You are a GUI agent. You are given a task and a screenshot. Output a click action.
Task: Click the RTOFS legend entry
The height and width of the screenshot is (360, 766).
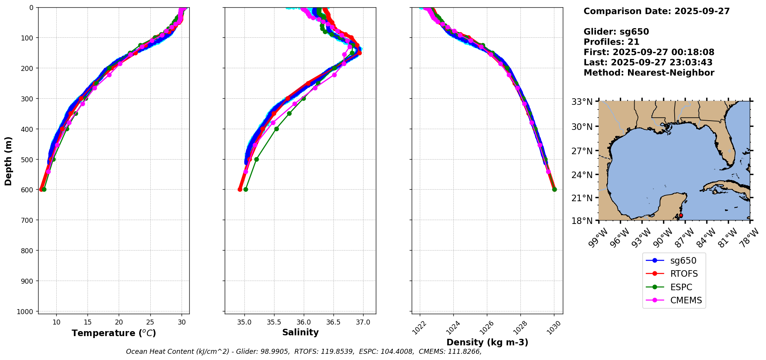[684, 274]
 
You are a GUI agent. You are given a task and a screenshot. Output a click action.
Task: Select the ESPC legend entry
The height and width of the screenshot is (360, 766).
[681, 287]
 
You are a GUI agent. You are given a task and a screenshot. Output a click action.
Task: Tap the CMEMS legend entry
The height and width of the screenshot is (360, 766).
[686, 301]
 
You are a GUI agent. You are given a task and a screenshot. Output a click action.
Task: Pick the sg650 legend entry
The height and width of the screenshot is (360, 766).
[683, 261]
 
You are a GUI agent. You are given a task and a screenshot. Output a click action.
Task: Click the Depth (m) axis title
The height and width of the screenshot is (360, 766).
[8, 161]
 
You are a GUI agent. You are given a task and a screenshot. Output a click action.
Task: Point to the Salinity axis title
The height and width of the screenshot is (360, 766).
[300, 333]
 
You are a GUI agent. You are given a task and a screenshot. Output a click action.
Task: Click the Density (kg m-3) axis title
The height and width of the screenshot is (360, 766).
[487, 342]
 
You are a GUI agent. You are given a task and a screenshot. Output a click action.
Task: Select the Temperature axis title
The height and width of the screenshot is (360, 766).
[114, 333]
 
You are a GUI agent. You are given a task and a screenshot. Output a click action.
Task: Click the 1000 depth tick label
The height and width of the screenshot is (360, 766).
[26, 311]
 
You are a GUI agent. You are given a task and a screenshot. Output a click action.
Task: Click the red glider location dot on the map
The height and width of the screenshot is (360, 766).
[681, 215]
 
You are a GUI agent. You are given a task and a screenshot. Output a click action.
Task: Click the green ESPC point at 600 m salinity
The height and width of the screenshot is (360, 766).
[246, 189]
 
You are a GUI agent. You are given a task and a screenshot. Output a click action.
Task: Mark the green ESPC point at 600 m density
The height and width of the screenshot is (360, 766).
[554, 189]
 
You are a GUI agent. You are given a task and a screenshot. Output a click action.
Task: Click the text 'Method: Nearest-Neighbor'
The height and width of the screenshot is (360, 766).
[649, 73]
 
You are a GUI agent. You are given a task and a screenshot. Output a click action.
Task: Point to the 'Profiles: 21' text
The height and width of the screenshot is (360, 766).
[611, 42]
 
